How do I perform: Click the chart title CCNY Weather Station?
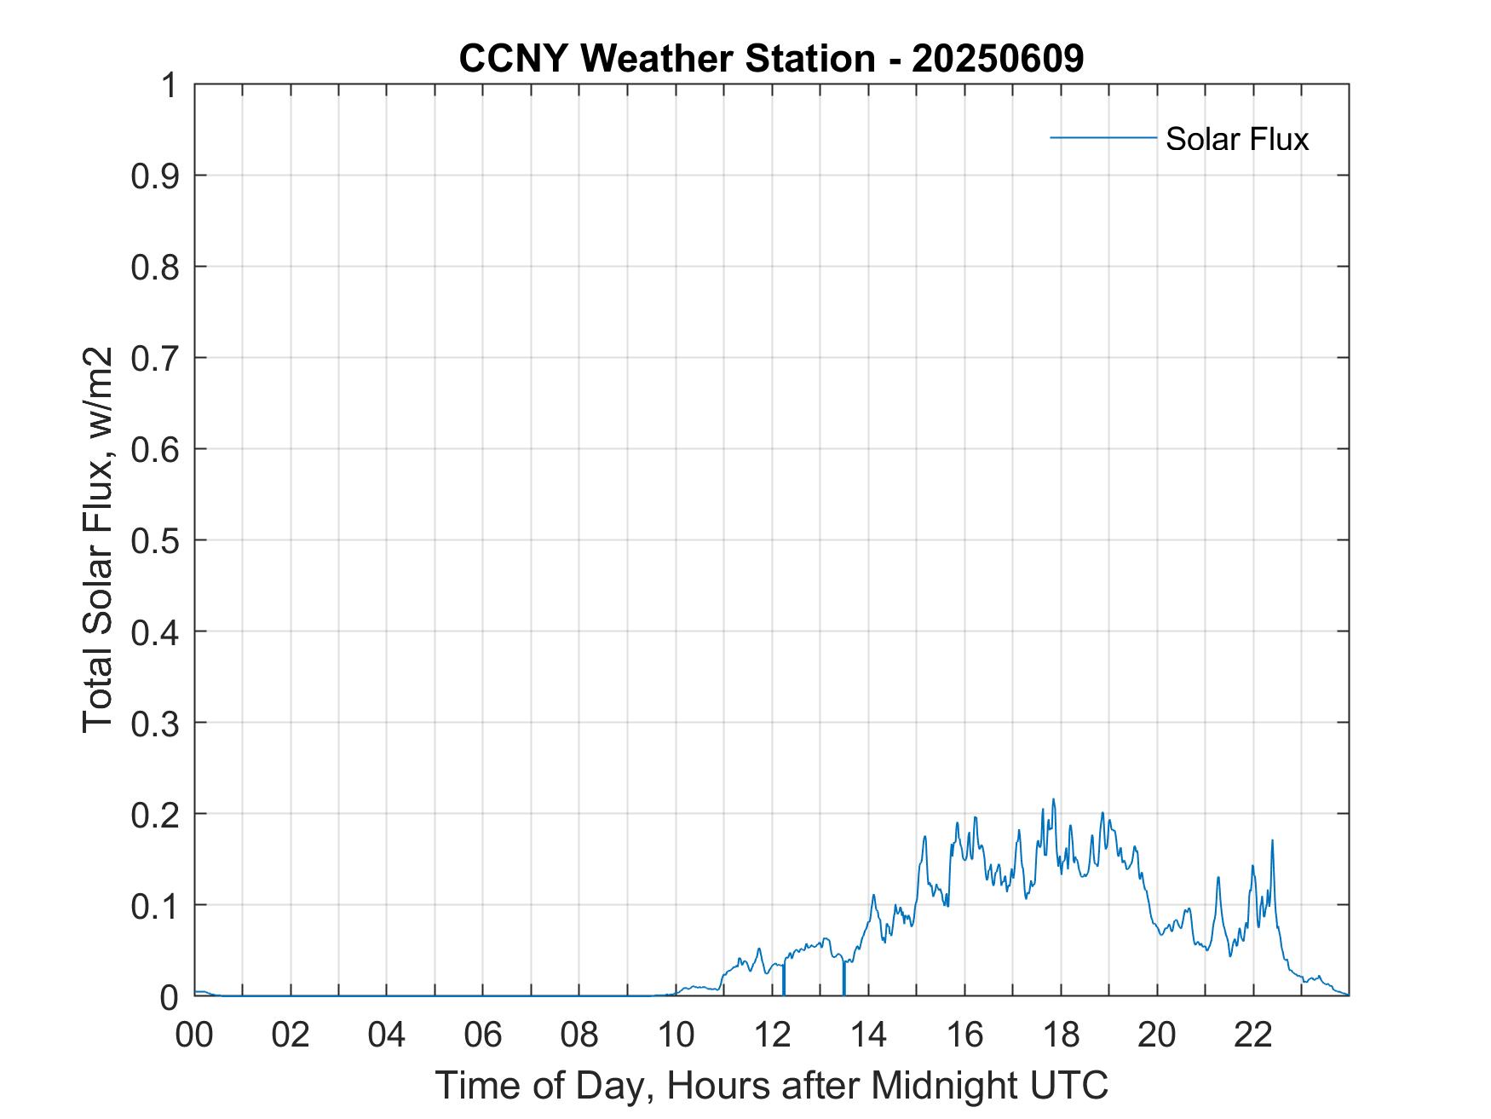coord(666,59)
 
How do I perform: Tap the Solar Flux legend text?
coord(1236,139)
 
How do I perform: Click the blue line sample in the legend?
coord(1102,137)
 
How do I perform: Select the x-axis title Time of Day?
coord(771,1086)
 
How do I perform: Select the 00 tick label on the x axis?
coord(194,1035)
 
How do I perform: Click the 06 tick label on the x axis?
coord(483,1035)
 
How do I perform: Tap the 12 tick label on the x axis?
coord(772,1035)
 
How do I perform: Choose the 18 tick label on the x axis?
coord(1061,1035)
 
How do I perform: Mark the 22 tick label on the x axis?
coord(1253,1035)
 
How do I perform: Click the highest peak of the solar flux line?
coord(1053,799)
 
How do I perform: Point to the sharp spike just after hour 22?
coord(1272,840)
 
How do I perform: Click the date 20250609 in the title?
coord(997,59)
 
